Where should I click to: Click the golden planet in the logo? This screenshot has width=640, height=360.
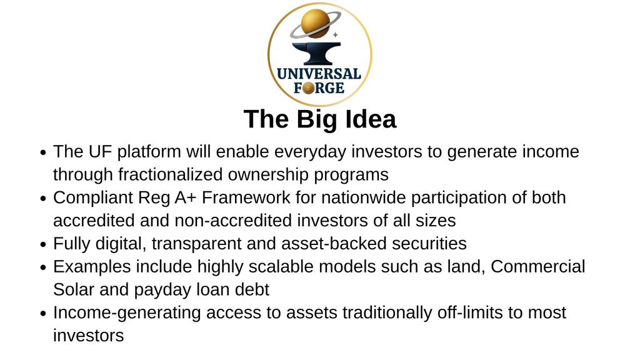tap(315, 23)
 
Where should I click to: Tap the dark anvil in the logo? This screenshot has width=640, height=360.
tap(316, 53)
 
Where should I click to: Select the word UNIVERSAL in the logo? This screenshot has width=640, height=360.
tap(319, 74)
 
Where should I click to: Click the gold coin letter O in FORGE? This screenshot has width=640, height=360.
tap(309, 87)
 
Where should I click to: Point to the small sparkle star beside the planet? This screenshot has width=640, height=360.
tap(336, 35)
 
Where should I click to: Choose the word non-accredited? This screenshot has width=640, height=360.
tap(233, 221)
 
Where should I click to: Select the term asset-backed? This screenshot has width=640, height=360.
tap(334, 244)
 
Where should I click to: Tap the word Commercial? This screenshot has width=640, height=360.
tap(538, 266)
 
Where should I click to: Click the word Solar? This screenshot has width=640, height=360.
tap(74, 289)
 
